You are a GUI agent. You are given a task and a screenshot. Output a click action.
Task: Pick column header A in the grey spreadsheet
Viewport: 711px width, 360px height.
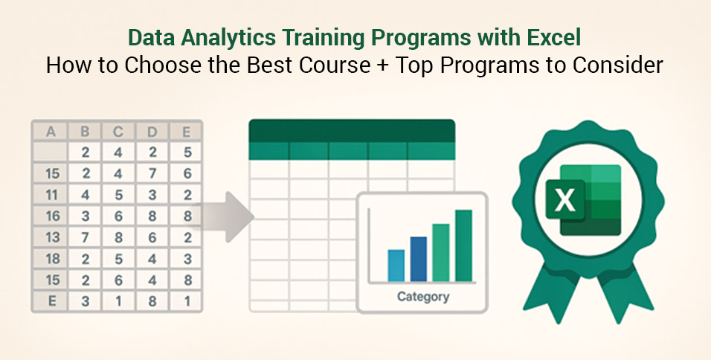pyautogui.click(x=50, y=132)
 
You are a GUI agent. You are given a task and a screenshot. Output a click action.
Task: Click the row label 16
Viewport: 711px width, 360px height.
pyautogui.click(x=50, y=216)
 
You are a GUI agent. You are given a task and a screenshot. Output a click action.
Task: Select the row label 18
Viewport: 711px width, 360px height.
pyautogui.click(x=50, y=260)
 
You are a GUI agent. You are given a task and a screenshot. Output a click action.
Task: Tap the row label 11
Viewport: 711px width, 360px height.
pyautogui.click(x=50, y=196)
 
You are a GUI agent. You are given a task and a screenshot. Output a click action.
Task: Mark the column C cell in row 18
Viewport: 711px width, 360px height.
pyautogui.click(x=118, y=260)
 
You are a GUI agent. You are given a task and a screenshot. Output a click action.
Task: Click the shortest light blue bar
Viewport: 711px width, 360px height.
pyautogui.click(x=396, y=266)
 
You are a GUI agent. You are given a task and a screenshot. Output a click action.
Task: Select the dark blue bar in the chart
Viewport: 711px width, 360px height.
pyautogui.click(x=418, y=259)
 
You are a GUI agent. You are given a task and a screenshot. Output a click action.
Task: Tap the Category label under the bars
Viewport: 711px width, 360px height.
pyautogui.click(x=422, y=297)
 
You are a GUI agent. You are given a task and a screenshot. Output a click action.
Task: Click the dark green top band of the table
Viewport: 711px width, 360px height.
pyautogui.click(x=351, y=130)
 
